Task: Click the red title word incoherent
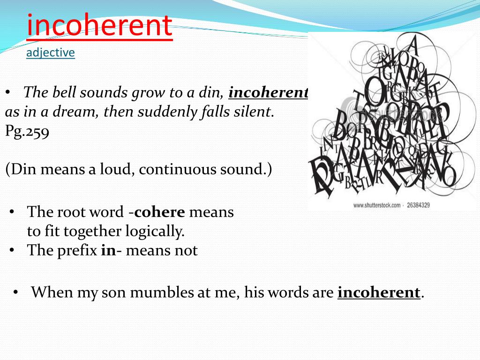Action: [x=99, y=26]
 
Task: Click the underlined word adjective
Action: [x=51, y=52]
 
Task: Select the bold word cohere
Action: [x=159, y=212]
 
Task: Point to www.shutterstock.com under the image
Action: [x=376, y=205]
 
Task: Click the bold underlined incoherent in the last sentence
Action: [x=379, y=292]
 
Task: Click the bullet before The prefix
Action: [x=13, y=250]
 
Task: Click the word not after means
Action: [x=187, y=250]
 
